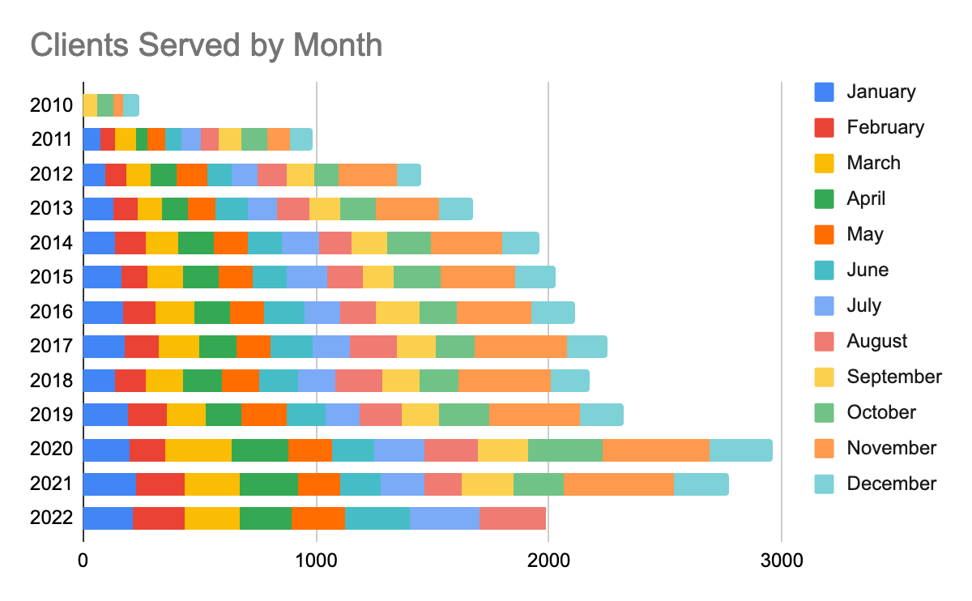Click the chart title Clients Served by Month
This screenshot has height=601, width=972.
click(x=206, y=45)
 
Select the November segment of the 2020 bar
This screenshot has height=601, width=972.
click(x=655, y=450)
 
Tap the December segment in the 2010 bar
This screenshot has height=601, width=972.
click(x=131, y=105)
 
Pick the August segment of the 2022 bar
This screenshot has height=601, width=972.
click(x=512, y=518)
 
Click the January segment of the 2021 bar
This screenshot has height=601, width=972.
click(x=109, y=484)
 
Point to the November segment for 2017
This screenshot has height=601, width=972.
click(x=520, y=347)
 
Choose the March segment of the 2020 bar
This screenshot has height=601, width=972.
click(x=198, y=450)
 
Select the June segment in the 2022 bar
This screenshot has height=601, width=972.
click(x=377, y=518)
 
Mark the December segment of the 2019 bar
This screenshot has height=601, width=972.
click(x=601, y=416)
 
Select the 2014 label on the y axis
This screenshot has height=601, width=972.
click(x=52, y=243)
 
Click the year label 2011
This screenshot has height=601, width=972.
click(x=52, y=139)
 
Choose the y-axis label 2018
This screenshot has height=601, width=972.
click(x=52, y=381)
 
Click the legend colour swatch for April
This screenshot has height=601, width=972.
click(x=824, y=198)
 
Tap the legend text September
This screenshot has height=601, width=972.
click(x=894, y=377)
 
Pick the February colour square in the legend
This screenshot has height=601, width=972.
click(x=824, y=127)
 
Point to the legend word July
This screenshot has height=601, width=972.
click(x=864, y=305)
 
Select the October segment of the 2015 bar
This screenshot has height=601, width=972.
click(x=416, y=277)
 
